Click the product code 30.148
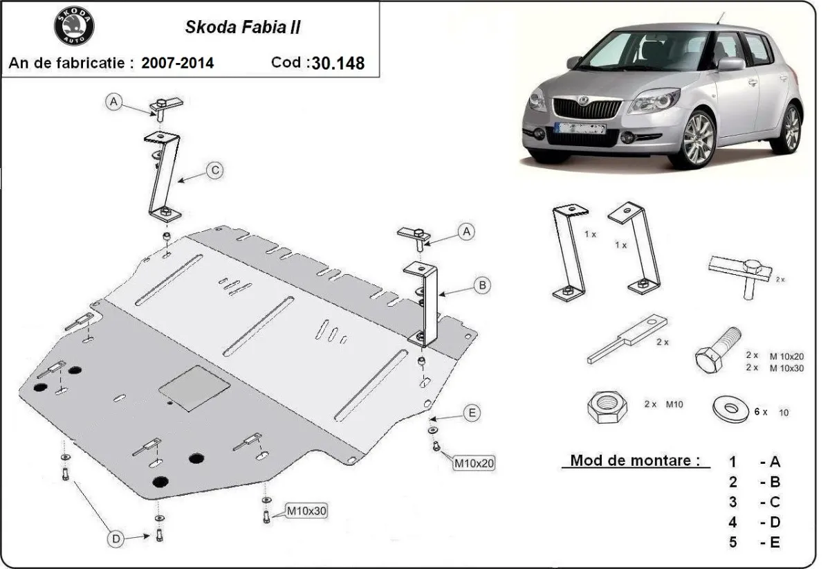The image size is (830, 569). pos(338,63)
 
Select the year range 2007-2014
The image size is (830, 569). pos(178,63)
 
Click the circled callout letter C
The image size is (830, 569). pos(215,170)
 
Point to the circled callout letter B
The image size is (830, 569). pos(483,284)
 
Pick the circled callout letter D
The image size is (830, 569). pos(116,539)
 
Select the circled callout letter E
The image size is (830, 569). pos(472,413)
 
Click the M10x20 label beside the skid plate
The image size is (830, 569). pos(474,462)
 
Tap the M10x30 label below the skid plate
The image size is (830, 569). pos(306,512)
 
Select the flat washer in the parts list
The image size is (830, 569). pos(730,408)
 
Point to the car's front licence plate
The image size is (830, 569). pos(580,128)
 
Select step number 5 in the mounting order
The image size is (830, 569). pos(732,542)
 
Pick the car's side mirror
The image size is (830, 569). pos(731,64)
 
